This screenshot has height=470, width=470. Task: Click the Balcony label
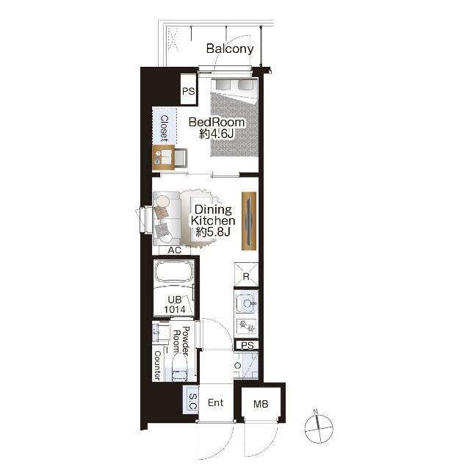click(x=230, y=48)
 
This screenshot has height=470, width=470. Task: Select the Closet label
click(x=164, y=128)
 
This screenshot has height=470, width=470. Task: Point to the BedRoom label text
click(x=217, y=122)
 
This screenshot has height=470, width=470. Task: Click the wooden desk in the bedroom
click(x=163, y=158)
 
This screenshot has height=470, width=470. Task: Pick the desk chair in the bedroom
click(x=181, y=158)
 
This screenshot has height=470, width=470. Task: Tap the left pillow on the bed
click(x=223, y=84)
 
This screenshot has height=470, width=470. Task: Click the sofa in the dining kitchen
click(x=167, y=219)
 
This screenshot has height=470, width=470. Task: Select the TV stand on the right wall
click(x=249, y=221)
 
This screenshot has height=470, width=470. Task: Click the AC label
click(x=175, y=250)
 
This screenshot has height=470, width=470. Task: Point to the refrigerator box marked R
click(x=246, y=274)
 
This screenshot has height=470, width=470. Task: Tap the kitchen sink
click(x=247, y=303)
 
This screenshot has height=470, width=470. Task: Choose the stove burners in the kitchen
click(x=247, y=326)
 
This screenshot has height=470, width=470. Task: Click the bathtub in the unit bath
click(x=174, y=271)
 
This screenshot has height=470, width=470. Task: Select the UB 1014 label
click(x=175, y=304)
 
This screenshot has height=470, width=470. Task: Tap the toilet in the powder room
click(x=180, y=367)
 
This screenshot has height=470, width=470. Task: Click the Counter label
click(x=157, y=365)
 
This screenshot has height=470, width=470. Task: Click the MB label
click(x=261, y=404)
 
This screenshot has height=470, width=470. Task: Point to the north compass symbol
click(x=319, y=427)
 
